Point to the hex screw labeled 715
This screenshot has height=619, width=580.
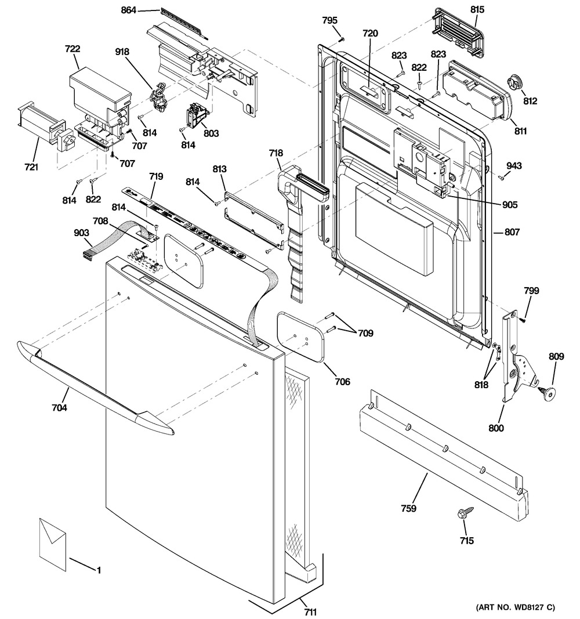pos(465,513)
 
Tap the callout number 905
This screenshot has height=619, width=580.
pos(510,204)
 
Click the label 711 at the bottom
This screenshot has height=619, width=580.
pos(310,611)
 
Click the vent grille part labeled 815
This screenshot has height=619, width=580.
pos(456,29)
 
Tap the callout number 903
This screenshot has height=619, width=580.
pos(81,233)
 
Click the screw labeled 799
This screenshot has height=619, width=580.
pos(523,317)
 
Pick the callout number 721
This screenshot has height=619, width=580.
pos(31,168)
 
